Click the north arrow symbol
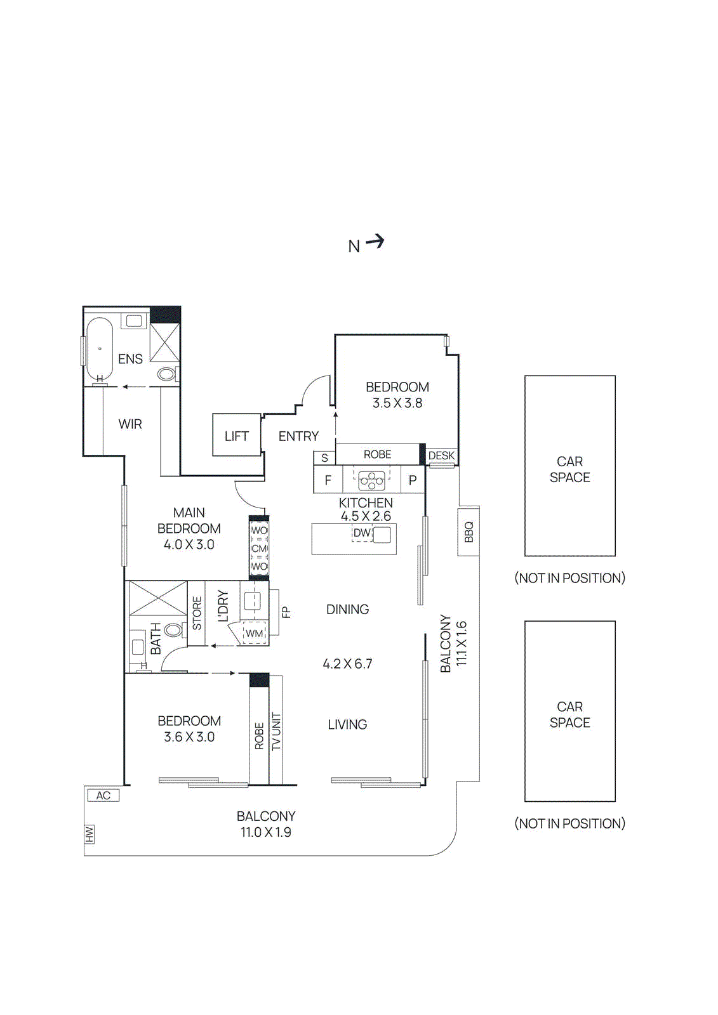[x=375, y=242]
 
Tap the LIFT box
[x=236, y=436]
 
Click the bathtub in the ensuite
[x=99, y=349]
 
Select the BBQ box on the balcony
[x=469, y=532]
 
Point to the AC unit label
[x=103, y=796]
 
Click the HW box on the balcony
[x=90, y=835]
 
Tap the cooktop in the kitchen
[x=371, y=480]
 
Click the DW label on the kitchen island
[x=361, y=533]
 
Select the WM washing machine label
[x=254, y=633]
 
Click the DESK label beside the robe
[x=441, y=455]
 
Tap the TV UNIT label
[x=276, y=731]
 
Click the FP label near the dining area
[x=286, y=613]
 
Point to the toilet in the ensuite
[x=167, y=374]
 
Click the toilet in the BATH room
[x=173, y=630]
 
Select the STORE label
[x=197, y=613]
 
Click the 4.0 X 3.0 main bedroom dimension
[x=189, y=544]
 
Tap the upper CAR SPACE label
[x=569, y=469]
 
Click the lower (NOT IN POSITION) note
[x=569, y=823]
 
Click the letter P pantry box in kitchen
[x=413, y=480]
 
